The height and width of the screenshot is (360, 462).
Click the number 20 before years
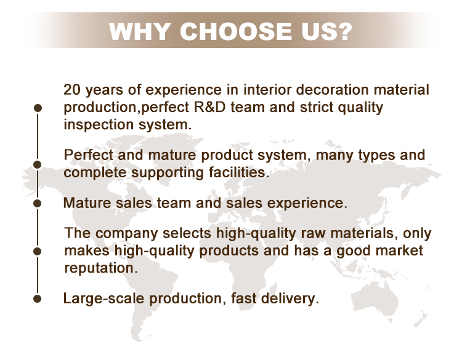pos(71,89)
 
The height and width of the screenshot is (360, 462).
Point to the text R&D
pos(210,107)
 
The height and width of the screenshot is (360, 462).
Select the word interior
pos(267,89)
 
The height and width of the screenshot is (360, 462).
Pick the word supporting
pos(168,173)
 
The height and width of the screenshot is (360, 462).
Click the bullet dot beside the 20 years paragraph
pos(38,108)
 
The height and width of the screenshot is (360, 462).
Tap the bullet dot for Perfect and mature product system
pos(38,164)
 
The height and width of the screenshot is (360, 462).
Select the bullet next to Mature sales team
pos(38,203)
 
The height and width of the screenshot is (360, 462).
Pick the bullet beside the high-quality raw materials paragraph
pos(38,251)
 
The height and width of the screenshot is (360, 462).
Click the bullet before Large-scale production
pos(38,298)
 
